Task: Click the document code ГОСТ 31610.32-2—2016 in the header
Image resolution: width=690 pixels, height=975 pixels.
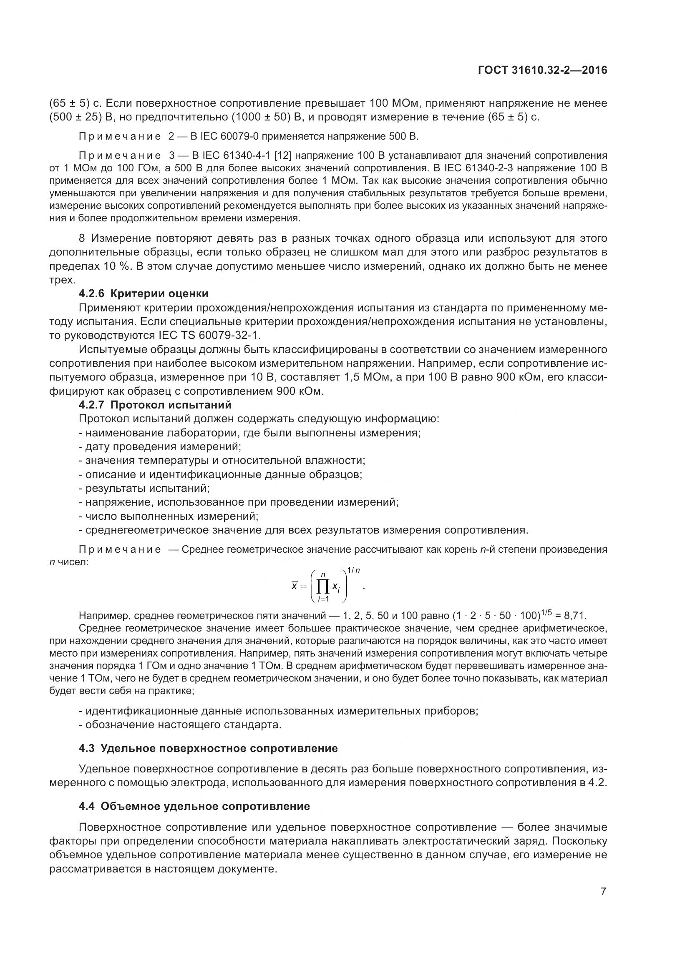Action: [543, 70]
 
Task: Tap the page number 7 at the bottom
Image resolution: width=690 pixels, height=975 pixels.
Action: [603, 891]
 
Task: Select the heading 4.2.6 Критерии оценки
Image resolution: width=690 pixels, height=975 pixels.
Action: [143, 293]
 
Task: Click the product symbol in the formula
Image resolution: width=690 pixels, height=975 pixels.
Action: [323, 587]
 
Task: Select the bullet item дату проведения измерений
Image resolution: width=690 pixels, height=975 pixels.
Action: [160, 447]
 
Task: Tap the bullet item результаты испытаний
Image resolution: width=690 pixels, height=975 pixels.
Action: [144, 489]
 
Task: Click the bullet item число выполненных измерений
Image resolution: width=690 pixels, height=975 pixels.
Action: [169, 516]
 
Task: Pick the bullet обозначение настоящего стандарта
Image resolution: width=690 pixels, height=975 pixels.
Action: [180, 724]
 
